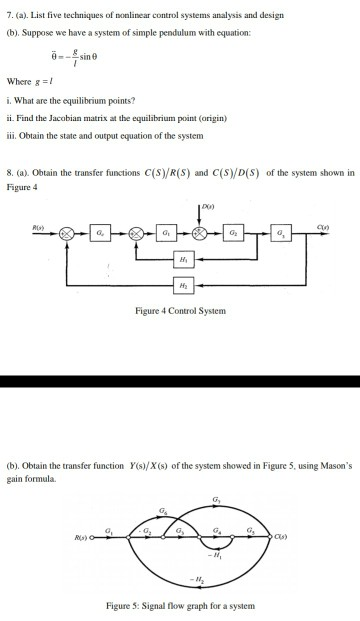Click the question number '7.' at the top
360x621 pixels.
pos(10,16)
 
